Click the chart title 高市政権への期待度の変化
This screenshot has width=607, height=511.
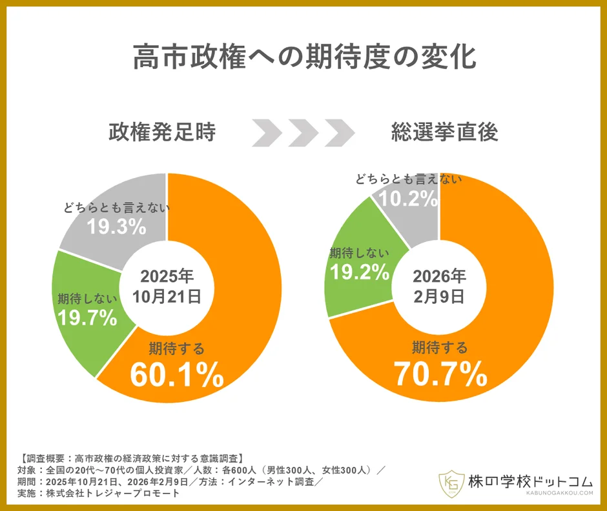304,57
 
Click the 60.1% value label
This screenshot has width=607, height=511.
176,376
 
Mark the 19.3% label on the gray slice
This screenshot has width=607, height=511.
116,226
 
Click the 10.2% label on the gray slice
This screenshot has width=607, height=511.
407,199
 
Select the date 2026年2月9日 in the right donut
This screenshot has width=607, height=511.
439,286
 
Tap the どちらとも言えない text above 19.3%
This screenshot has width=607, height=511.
116,208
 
